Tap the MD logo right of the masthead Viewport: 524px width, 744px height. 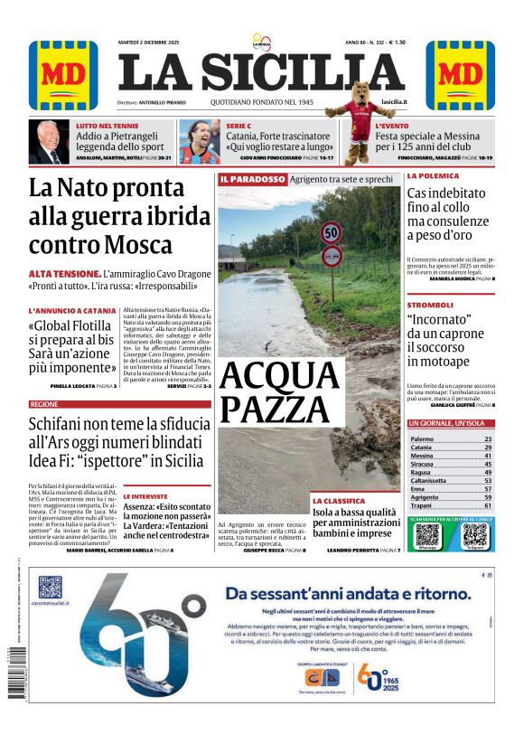point(460,75)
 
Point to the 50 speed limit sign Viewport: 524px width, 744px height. point(332,233)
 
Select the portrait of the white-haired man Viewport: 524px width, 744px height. point(50,142)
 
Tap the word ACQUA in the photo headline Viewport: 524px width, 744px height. point(278,374)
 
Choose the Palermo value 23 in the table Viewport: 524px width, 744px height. point(488,438)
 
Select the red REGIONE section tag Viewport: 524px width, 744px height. point(44,404)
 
